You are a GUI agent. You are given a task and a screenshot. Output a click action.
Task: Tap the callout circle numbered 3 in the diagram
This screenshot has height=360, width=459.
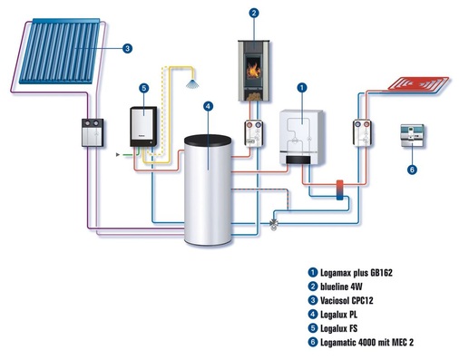click(127, 48)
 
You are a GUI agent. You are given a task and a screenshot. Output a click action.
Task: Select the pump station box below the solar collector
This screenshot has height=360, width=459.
click(92, 133)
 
